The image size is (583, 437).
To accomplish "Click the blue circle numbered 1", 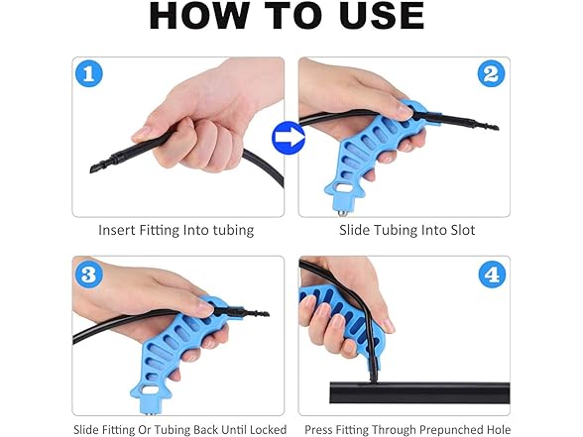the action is coord(89,73).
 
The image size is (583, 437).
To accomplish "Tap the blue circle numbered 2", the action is coord(491,73).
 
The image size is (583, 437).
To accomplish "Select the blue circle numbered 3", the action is coord(89,274).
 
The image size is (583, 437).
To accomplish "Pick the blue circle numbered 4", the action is coord(492,274).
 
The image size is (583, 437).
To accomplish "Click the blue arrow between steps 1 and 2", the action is coord(289,138).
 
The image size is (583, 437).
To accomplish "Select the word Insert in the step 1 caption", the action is coord(117,230).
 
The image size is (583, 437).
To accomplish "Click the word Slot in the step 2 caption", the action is coord(463,230).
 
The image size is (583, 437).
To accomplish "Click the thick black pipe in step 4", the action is coord(419,392).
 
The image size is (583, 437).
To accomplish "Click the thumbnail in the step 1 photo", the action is coord(142,133).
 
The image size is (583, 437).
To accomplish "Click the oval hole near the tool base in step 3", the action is coord(150,390).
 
